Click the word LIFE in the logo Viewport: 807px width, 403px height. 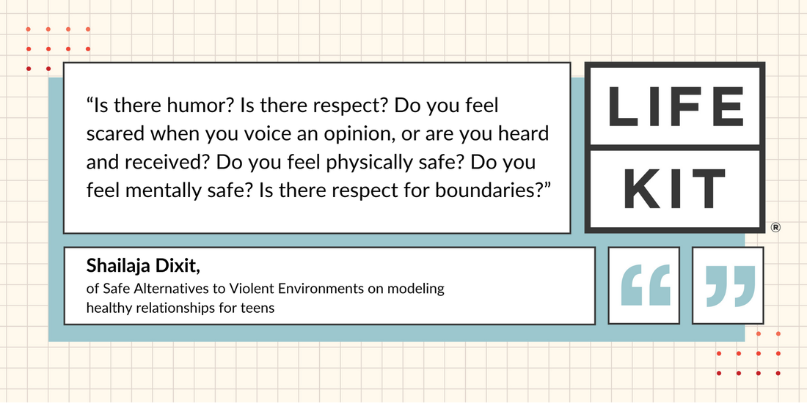[676, 106]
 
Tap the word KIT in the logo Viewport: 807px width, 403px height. [674, 188]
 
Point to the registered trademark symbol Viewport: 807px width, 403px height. [775, 227]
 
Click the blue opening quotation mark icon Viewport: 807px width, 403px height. [646, 285]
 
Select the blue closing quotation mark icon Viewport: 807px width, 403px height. [730, 286]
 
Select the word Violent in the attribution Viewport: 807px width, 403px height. [255, 289]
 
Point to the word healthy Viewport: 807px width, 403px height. [104, 309]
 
